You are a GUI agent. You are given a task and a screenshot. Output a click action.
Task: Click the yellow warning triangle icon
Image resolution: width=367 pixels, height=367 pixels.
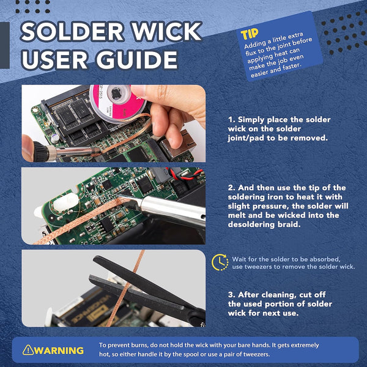[x=28, y=350]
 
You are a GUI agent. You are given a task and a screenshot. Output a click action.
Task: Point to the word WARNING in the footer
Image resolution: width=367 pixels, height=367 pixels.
[x=59, y=350]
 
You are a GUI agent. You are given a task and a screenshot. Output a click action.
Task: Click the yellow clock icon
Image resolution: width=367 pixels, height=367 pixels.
[x=220, y=262]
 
